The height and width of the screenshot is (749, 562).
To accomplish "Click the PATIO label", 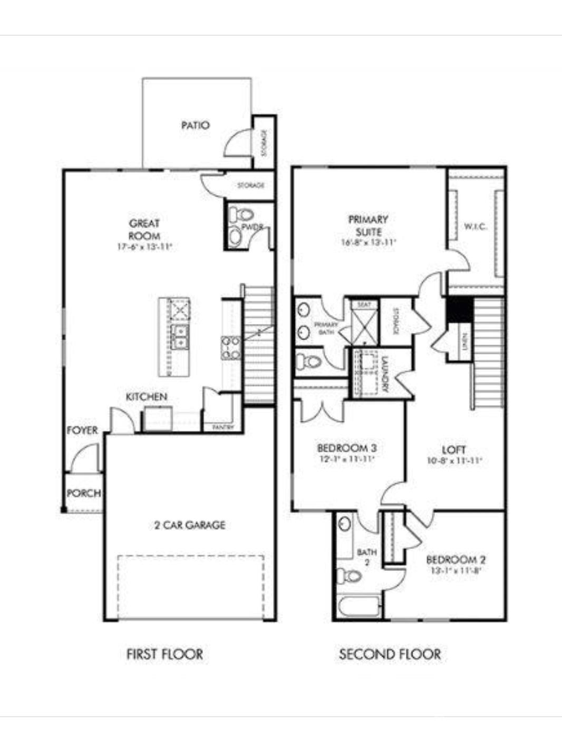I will (x=195, y=125).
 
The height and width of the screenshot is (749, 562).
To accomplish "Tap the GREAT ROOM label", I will (x=144, y=230).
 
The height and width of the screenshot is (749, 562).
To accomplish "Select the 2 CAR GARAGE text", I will (x=190, y=525).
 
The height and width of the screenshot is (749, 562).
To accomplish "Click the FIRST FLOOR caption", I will (x=164, y=654).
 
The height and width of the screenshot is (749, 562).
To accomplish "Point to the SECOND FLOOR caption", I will (x=390, y=654).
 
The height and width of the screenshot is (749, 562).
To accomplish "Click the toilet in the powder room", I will (x=241, y=215).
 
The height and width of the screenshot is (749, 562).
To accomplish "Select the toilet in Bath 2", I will (x=350, y=576).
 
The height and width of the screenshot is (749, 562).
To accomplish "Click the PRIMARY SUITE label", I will (x=368, y=225).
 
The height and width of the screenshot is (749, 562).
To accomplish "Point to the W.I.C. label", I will (x=475, y=226).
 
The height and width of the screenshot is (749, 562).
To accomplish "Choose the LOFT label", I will (x=454, y=450).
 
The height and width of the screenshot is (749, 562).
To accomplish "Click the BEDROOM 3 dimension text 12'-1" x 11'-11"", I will (x=346, y=459).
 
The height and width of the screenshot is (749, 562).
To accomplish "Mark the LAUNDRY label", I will (x=385, y=374).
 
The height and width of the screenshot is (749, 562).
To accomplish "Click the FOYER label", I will (x=82, y=430).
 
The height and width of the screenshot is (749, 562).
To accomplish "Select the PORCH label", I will (x=84, y=494).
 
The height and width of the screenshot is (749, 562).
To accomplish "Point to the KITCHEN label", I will (x=147, y=397).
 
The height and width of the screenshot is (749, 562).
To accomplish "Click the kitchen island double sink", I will (x=180, y=337).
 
